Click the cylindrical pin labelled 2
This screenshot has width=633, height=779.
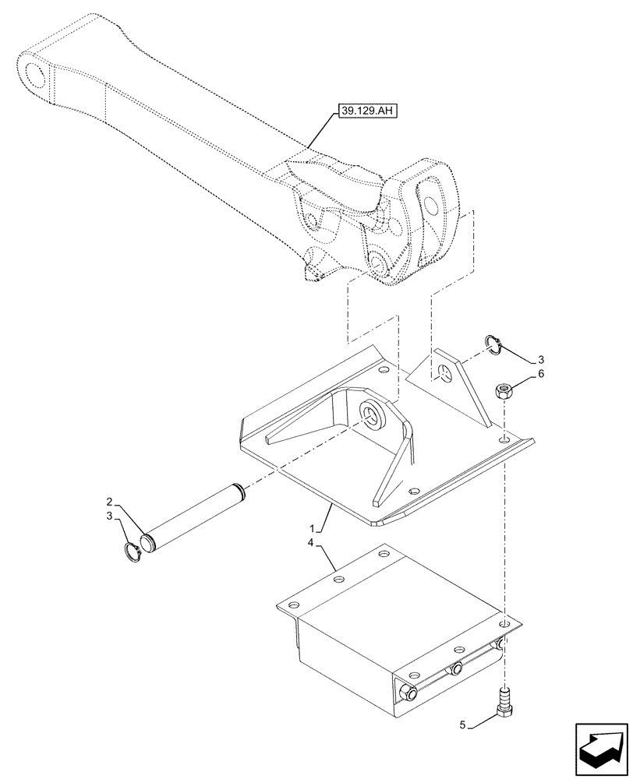(x=195, y=513)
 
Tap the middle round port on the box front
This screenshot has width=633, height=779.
(x=454, y=668)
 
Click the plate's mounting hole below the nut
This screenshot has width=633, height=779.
(x=506, y=442)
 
